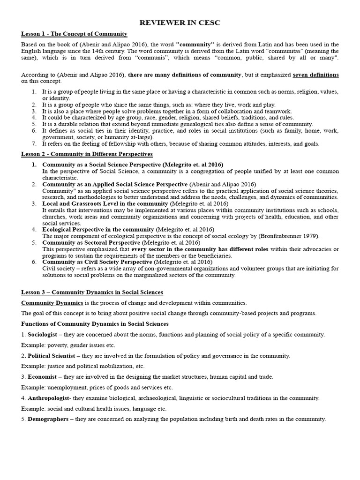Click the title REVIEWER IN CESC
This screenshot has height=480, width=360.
pyautogui.click(x=180, y=23)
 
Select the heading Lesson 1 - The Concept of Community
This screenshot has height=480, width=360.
pyautogui.click(x=75, y=34)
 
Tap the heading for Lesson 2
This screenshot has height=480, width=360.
pyautogui.click(x=87, y=154)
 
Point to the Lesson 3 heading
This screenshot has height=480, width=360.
pyautogui.click(x=92, y=292)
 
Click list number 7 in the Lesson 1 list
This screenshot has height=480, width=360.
pyautogui.click(x=34, y=144)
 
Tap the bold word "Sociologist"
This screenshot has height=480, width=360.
pyautogui.click(x=45, y=334)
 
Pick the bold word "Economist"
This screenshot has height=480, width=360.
pyautogui.click(x=42, y=377)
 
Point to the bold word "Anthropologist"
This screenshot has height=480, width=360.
pyautogui.click(x=50, y=398)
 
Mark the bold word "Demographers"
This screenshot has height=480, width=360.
pyautogui.click(x=48, y=419)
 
